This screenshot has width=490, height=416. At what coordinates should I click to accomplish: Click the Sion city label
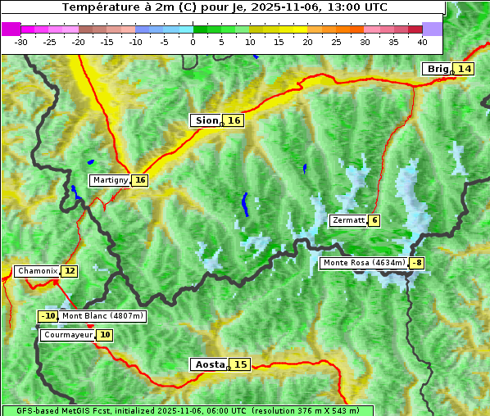pyautogui.click(x=206, y=120)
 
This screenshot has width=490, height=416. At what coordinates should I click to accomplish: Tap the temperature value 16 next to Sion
pyautogui.click(x=234, y=120)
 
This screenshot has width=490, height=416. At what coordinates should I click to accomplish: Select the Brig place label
pyautogui.click(x=438, y=69)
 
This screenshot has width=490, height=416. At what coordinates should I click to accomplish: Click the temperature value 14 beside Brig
pyautogui.click(x=465, y=69)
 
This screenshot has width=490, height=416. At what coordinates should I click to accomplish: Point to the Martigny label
pyautogui.click(x=110, y=180)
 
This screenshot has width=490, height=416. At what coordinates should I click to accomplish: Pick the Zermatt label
pyautogui.click(x=348, y=220)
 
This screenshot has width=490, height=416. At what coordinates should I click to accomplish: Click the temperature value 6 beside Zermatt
pyautogui.click(x=374, y=220)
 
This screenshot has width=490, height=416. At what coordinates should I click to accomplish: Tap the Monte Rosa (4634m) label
pyautogui.click(x=363, y=263)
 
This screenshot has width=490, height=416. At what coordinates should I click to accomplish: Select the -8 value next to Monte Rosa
pyautogui.click(x=417, y=263)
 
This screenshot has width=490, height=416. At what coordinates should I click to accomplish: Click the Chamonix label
pyautogui.click(x=37, y=271)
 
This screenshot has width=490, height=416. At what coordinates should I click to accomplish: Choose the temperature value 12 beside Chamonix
pyautogui.click(x=70, y=271)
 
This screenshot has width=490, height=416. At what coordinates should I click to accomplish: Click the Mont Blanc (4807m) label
pyautogui.click(x=102, y=316)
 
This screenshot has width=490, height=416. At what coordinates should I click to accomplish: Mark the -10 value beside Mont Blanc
pyautogui.click(x=48, y=316)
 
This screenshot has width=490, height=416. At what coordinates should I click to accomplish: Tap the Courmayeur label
pyautogui.click(x=68, y=335)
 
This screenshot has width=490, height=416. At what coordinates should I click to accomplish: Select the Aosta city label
pyautogui.click(x=209, y=364)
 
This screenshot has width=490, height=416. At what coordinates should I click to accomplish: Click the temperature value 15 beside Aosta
pyautogui.click(x=239, y=364)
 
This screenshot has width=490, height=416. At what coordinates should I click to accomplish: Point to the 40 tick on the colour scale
pyautogui.click(x=422, y=42)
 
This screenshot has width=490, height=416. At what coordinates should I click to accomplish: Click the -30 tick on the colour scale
pyautogui.click(x=21, y=42)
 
